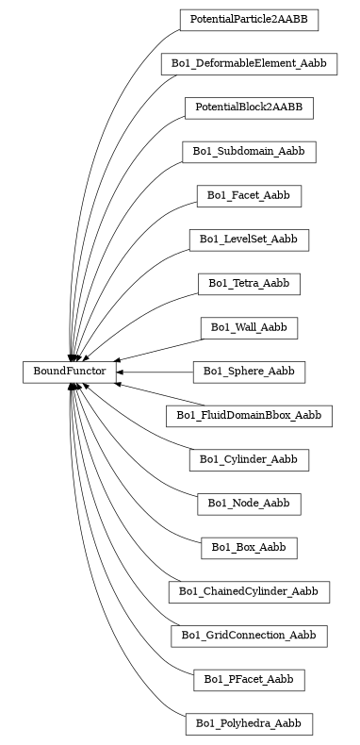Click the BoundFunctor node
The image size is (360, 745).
[69, 372]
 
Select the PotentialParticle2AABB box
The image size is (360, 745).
[249, 19]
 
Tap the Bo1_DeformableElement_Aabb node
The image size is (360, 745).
[249, 63]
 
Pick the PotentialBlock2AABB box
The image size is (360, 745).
[249, 108]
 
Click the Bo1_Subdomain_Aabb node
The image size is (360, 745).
[249, 152]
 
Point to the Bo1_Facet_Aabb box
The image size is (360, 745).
[249, 196]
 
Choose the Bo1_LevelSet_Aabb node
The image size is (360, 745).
[249, 240]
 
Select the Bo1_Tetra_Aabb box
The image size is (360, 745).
[249, 284]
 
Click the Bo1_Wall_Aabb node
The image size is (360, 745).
[249, 328]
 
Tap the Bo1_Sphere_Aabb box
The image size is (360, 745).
[249, 372]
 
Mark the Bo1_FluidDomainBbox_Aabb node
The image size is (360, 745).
[249, 416]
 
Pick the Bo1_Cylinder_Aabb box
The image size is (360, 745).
[249, 460]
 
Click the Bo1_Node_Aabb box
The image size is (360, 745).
[249, 504]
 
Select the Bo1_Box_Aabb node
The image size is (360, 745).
[249, 548]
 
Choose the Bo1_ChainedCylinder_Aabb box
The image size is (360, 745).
[249, 592]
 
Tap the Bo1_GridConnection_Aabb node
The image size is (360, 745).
[249, 636]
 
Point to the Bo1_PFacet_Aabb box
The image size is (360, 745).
[249, 680]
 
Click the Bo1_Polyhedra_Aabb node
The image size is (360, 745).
[249, 724]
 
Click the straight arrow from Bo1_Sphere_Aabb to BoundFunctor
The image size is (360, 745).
[155, 372]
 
